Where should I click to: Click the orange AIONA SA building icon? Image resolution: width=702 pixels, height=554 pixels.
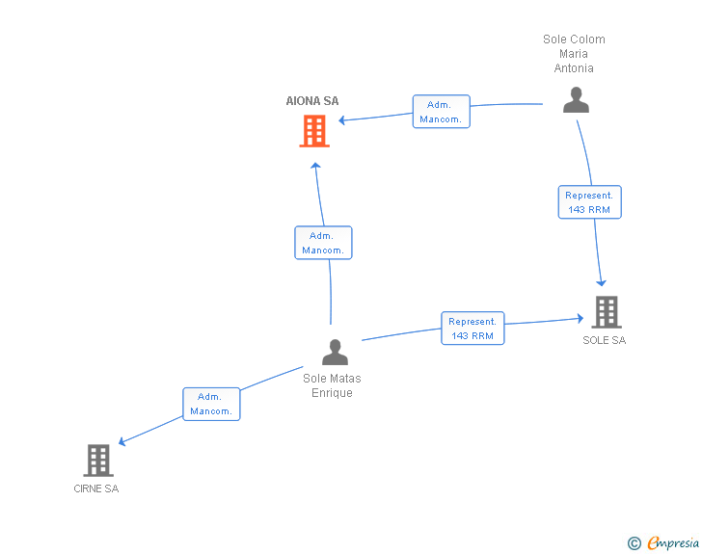click(314, 131)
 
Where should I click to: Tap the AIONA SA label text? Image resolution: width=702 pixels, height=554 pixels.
click(312, 101)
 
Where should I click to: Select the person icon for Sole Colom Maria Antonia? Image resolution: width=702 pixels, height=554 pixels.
click(576, 101)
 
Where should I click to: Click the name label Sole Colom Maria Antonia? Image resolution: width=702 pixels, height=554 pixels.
click(574, 54)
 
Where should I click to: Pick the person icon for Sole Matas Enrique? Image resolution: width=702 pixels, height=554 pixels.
click(335, 353)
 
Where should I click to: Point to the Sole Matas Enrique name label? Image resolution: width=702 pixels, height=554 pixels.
click(332, 385)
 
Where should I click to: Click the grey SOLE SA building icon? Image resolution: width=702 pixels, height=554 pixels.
click(606, 312)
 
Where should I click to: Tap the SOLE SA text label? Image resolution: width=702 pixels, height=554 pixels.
click(604, 340)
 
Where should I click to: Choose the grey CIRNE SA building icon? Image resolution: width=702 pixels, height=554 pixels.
click(98, 461)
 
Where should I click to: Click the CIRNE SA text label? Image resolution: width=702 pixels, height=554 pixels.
click(96, 488)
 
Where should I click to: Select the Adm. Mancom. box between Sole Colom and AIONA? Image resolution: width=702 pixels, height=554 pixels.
click(442, 112)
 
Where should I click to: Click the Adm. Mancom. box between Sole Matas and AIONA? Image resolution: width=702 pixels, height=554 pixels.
click(322, 243)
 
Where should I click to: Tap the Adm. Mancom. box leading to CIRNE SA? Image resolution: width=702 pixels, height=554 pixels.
click(211, 404)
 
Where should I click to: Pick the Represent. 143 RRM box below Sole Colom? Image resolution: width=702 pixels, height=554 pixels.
click(589, 202)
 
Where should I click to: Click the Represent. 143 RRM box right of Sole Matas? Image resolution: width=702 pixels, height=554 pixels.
click(472, 329)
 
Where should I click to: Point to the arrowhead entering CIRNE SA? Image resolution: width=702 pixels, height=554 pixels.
click(122, 443)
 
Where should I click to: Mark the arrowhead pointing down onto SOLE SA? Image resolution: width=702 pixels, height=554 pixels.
click(602, 282)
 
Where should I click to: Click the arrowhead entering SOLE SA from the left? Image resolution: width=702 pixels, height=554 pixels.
click(579, 318)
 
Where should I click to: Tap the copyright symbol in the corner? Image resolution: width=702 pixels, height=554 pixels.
click(634, 543)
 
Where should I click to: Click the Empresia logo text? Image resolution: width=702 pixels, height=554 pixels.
click(673, 543)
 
